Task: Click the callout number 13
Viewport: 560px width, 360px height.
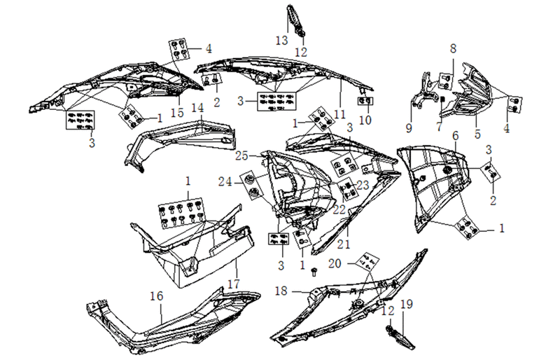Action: [282, 40]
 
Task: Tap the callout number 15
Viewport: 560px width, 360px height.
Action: [177, 112]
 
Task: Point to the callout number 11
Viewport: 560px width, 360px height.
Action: [339, 114]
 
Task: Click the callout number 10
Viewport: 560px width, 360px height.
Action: [365, 120]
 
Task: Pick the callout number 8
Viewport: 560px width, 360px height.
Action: [453, 48]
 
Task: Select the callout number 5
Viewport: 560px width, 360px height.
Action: [477, 134]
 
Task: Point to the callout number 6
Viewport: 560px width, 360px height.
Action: [456, 136]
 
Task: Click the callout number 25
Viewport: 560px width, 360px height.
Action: [241, 156]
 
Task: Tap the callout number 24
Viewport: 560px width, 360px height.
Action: [225, 182]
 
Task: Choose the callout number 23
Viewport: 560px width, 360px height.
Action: [363, 185]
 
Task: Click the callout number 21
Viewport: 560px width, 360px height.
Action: [344, 244]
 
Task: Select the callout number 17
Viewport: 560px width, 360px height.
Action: [234, 284]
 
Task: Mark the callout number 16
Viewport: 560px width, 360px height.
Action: [156, 296]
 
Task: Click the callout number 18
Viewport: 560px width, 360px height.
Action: [281, 291]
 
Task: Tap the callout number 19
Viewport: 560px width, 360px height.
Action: [407, 304]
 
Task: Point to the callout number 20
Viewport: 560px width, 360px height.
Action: [335, 264]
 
